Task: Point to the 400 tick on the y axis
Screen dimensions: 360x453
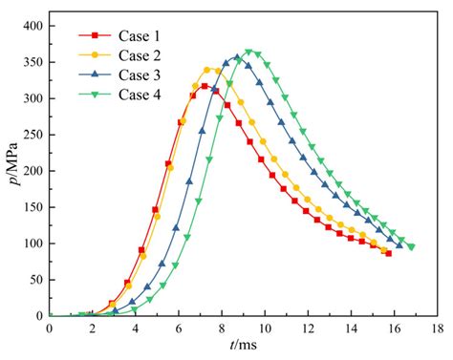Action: [x=32, y=26]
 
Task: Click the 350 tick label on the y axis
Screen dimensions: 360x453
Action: [x=32, y=62]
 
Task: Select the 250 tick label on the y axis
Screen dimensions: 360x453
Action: [x=32, y=135]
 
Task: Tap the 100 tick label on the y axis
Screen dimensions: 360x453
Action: [x=32, y=244]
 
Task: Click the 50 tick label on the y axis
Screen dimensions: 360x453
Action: [x=35, y=280]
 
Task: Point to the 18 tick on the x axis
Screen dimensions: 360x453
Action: [x=437, y=328]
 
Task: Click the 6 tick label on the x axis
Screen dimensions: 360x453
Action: [x=179, y=328]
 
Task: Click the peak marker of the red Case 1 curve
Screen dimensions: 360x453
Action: [x=205, y=86]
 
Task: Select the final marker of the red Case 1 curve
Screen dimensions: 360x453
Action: [x=388, y=253]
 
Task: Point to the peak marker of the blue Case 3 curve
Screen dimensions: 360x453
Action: [x=238, y=58]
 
